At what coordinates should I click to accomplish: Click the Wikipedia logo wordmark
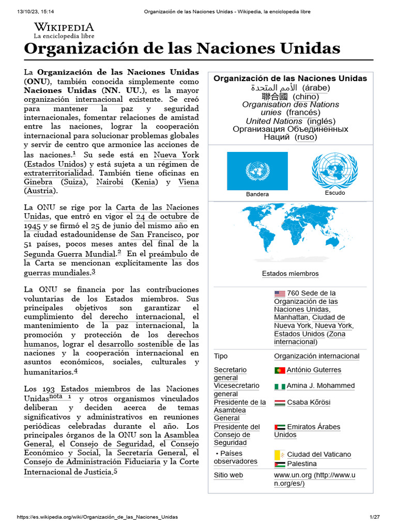(64, 27)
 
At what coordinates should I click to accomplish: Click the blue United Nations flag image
(257, 171)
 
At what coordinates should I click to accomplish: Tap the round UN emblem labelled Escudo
(334, 170)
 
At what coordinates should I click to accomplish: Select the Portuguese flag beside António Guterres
(280, 370)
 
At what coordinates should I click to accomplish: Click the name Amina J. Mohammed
(320, 386)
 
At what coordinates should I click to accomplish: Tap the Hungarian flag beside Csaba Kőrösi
(280, 402)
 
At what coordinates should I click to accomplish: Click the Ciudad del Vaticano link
(318, 455)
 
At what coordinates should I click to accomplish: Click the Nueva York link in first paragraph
(176, 155)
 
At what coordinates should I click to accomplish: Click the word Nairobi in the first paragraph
(109, 182)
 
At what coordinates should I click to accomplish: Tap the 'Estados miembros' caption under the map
(290, 274)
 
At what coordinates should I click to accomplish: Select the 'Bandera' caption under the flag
(257, 194)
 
